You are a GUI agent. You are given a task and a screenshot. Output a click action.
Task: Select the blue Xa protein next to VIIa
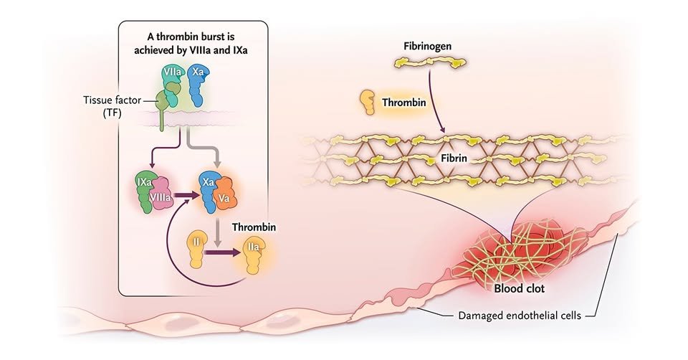pos(198,82)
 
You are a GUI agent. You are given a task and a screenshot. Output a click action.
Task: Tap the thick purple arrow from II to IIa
pos(223,252)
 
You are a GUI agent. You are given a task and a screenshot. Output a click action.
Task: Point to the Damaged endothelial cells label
pos(520,316)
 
